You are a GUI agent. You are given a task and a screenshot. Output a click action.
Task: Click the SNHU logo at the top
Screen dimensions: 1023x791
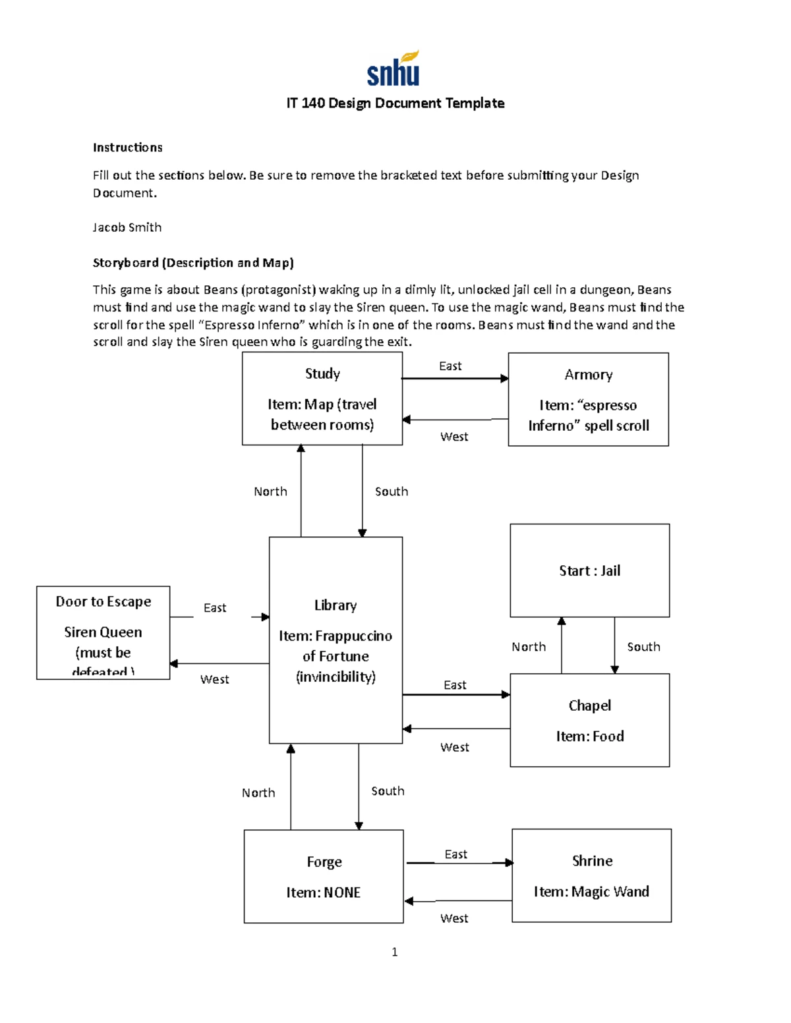click(x=394, y=69)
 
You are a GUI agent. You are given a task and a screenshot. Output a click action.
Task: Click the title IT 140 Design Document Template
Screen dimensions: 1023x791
click(x=395, y=103)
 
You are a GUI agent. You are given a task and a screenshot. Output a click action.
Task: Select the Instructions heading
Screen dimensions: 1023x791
click(x=127, y=148)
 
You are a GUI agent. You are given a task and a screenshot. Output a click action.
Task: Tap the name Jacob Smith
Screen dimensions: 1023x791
click(x=127, y=227)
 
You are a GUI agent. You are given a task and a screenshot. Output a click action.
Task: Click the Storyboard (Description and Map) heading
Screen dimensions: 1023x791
click(x=193, y=263)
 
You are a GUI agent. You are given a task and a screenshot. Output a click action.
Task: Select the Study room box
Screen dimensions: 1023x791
click(x=322, y=399)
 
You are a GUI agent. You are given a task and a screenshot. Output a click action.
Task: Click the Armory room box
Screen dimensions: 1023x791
click(x=588, y=399)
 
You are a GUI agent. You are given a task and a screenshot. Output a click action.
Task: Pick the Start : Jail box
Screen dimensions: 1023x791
click(x=589, y=570)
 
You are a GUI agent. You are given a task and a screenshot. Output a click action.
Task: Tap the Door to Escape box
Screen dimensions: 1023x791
click(x=103, y=632)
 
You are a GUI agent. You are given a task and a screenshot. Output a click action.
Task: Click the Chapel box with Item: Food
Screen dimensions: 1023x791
click(x=589, y=720)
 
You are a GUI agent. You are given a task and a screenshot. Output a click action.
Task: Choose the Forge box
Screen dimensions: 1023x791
click(x=323, y=876)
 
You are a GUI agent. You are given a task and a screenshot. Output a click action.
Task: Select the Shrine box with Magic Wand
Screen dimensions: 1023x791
click(x=591, y=875)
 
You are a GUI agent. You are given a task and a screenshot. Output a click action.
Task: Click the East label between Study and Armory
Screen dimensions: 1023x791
click(x=450, y=366)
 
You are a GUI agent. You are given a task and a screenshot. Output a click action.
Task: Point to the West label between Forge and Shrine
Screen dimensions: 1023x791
click(x=454, y=918)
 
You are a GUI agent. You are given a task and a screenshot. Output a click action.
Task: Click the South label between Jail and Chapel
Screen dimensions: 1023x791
click(x=643, y=647)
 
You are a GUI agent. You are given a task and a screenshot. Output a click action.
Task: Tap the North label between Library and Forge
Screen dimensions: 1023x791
click(x=258, y=793)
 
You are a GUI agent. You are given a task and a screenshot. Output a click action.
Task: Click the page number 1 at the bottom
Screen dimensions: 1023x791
click(x=394, y=952)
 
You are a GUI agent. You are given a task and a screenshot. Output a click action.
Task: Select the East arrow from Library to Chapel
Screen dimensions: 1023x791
click(x=455, y=694)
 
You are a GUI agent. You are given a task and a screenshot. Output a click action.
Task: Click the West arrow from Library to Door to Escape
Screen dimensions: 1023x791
click(x=219, y=663)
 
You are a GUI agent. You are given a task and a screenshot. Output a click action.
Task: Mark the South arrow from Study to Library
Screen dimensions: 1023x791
click(x=362, y=491)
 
